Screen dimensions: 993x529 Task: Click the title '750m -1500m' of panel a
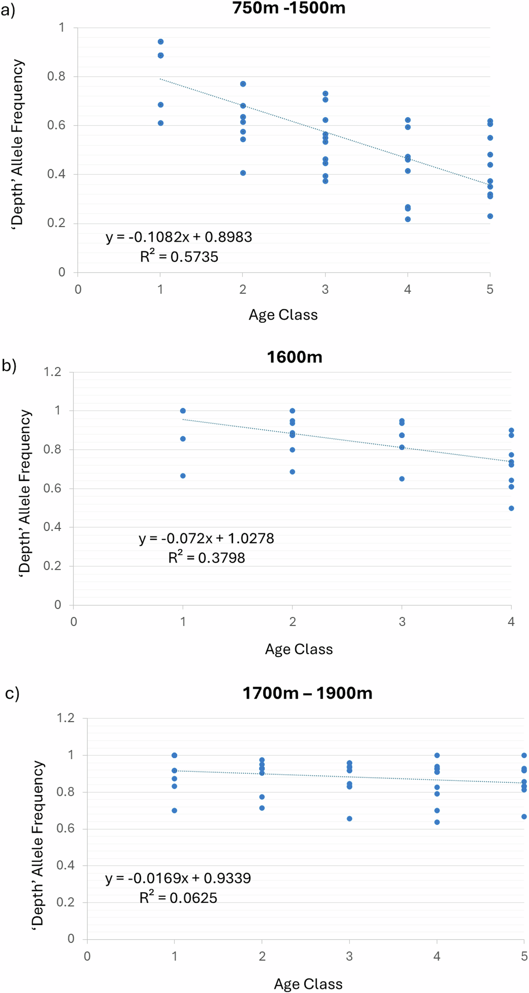click(x=289, y=8)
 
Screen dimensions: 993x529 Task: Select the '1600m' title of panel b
click(x=294, y=357)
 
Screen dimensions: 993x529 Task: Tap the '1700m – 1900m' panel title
click(x=307, y=693)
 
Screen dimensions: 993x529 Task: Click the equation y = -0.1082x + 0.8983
click(x=179, y=237)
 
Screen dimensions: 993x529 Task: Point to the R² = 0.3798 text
click(x=206, y=558)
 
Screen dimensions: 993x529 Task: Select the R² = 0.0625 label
click(x=178, y=898)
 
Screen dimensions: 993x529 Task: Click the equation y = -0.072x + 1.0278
click(x=206, y=538)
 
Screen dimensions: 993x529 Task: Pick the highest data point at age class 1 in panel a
click(x=161, y=42)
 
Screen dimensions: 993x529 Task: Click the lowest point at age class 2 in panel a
click(x=243, y=173)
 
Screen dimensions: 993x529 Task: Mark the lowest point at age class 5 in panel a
click(x=490, y=216)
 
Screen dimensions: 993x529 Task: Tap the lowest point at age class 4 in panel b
click(x=511, y=508)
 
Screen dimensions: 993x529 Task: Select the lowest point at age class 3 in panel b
click(x=402, y=479)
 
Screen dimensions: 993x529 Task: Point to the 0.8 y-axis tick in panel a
click(x=56, y=76)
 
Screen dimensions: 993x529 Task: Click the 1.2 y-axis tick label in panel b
click(x=52, y=372)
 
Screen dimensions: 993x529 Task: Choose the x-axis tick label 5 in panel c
click(x=524, y=956)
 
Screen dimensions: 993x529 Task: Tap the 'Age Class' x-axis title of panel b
click(x=299, y=649)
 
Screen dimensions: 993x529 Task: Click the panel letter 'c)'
click(x=12, y=693)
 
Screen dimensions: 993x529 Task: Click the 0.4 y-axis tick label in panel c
click(x=65, y=865)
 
